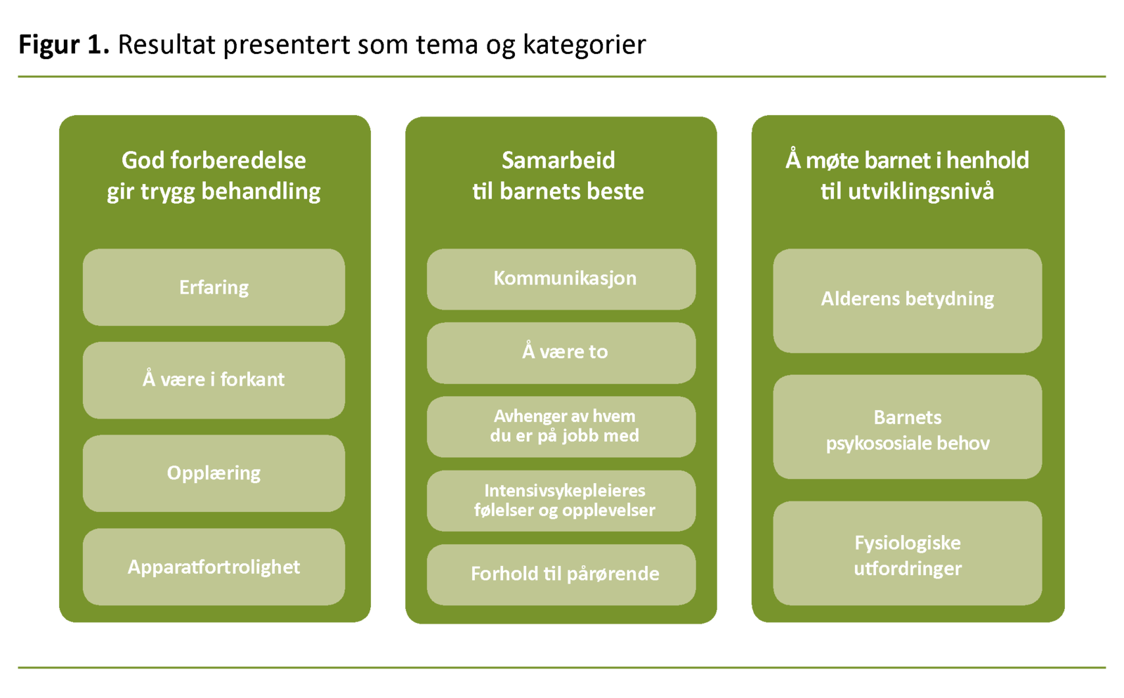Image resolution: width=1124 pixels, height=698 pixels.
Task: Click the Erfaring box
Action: click(214, 287)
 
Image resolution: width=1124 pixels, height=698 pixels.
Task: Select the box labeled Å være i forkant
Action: click(214, 380)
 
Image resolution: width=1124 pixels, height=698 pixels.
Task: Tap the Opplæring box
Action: click(214, 473)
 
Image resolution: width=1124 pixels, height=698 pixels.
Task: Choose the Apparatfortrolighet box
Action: click(214, 567)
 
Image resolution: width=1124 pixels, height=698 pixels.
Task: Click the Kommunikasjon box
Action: click(561, 279)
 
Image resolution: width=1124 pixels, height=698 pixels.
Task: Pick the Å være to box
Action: click(561, 353)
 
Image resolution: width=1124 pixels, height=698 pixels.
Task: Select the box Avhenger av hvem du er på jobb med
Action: click(561, 426)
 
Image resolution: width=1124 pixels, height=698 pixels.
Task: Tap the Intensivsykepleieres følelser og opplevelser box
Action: click(561, 501)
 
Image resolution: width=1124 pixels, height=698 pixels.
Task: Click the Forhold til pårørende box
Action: click(561, 574)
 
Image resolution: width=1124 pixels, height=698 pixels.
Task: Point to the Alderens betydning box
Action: click(907, 300)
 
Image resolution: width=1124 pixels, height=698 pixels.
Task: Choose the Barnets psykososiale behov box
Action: click(907, 427)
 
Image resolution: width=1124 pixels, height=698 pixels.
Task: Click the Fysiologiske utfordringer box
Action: click(907, 553)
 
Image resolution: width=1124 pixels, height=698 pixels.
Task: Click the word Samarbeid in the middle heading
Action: click(558, 161)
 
